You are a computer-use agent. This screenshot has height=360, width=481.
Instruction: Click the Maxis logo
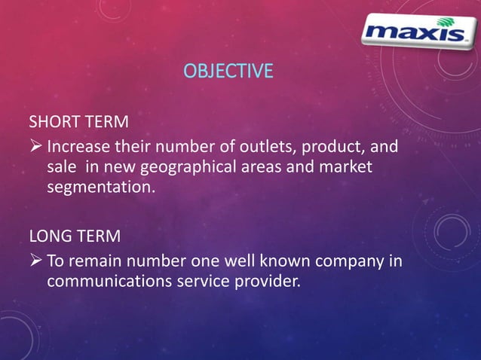point(414,32)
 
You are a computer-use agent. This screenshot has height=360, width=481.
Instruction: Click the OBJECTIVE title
point(228,72)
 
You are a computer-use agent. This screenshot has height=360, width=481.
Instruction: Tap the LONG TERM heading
point(74,237)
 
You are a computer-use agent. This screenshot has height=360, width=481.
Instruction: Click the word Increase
point(78,145)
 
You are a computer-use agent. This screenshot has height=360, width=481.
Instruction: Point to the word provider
point(261,283)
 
